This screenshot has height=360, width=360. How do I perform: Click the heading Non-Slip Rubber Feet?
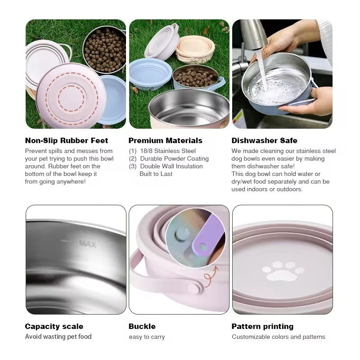66,140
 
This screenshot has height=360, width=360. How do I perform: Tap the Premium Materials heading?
165,140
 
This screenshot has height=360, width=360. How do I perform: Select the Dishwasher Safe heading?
264,140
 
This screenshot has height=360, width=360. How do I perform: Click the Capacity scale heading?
54,326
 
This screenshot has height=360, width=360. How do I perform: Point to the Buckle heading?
142,326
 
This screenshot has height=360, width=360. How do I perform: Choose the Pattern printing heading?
262,326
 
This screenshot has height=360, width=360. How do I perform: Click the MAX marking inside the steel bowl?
87,243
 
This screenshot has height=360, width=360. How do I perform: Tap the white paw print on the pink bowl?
283,271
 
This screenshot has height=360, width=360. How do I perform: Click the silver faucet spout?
253,35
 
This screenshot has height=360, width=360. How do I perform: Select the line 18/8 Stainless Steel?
168,151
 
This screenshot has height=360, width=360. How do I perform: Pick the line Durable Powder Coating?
174,159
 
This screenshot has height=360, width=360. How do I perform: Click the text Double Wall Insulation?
171,166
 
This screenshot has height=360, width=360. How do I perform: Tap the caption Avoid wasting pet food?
58,337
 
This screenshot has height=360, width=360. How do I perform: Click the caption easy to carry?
147,337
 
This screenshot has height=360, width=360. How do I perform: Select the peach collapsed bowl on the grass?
195,49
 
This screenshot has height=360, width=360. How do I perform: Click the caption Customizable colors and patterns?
279,337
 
